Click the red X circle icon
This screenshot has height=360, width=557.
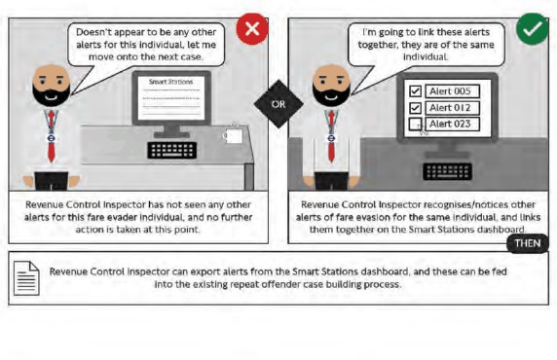252,29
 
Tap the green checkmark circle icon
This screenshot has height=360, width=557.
532,29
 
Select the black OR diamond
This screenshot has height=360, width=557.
278,104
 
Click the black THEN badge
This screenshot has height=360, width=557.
528,243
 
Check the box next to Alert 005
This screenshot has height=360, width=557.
415,91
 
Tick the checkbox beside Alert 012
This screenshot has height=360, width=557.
415,108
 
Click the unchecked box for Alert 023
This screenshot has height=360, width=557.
415,124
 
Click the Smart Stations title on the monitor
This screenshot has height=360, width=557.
170,82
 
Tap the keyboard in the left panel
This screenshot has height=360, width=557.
172,150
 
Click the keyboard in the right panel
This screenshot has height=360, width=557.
448,171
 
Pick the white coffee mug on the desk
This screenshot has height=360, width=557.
233,135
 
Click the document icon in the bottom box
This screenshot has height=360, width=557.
26,278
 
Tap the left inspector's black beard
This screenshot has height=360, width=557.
52,95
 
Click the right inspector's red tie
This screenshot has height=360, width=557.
331,136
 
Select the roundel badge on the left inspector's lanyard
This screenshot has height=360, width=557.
52,138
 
